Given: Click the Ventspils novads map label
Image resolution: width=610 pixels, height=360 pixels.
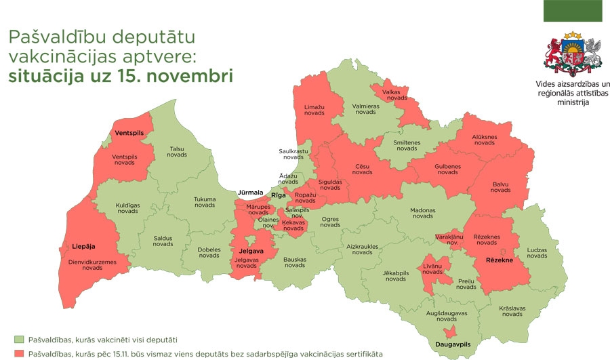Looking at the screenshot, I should [124, 159].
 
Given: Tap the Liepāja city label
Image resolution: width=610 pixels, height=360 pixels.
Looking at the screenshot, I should [84, 246].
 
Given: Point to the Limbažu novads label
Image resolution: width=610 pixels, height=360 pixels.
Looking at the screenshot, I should [313, 111].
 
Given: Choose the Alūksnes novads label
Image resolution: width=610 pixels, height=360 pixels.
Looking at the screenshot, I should [484, 140].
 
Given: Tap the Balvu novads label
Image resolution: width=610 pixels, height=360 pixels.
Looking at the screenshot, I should [500, 186].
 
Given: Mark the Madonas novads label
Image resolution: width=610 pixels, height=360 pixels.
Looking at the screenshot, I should [422, 213].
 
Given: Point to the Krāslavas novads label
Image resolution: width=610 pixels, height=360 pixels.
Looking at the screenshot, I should [512, 311].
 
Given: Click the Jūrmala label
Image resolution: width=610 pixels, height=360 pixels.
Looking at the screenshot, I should [250, 193].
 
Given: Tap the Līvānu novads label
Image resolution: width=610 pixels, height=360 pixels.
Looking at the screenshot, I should [432, 268].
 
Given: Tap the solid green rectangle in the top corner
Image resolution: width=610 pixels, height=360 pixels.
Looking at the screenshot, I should [572, 11].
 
